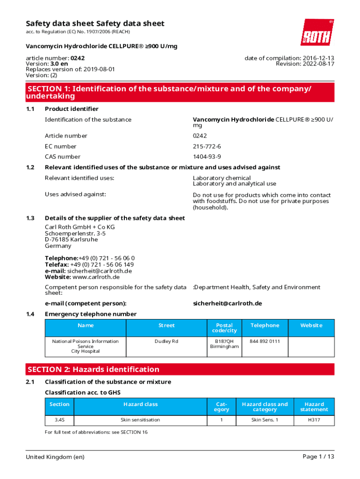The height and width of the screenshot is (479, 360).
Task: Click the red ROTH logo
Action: pos(317,32)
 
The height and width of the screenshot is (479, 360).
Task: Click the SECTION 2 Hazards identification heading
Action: pos(94,370)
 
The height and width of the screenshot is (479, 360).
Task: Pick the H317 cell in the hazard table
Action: pos(314,420)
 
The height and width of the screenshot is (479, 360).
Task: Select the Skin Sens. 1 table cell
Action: pos(265,420)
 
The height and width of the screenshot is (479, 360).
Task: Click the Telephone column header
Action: pos(265,326)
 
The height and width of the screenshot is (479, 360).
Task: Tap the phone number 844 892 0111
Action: pos(265,341)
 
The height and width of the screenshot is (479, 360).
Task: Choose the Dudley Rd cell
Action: pos(166,341)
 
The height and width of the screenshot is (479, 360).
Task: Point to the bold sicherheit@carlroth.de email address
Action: pos(227,304)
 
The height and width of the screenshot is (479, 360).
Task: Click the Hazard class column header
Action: pos(140,404)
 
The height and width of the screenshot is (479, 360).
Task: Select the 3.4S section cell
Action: pos(59,420)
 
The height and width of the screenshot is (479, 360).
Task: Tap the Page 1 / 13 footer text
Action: pos(318,457)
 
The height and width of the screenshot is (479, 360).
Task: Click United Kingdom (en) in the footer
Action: pos(55,457)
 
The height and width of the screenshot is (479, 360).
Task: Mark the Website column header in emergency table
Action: pos(311,326)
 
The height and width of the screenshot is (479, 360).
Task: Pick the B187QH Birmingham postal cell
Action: pos(224,344)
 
